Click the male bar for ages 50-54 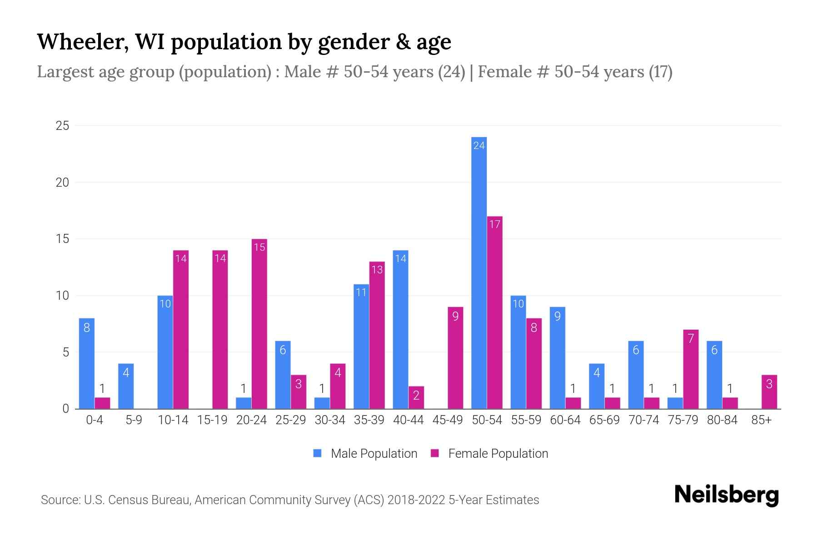[x=479, y=272]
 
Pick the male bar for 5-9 [x=126, y=386]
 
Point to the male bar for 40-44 [x=400, y=329]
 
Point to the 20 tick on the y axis [x=62, y=183]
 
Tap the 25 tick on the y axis [x=62, y=126]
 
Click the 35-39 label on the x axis [x=369, y=420]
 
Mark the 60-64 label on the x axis [x=565, y=420]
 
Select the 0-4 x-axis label [x=95, y=420]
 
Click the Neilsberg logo [x=726, y=495]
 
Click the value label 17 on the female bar [x=494, y=224]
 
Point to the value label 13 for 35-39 [x=377, y=270]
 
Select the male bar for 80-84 [x=714, y=375]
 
